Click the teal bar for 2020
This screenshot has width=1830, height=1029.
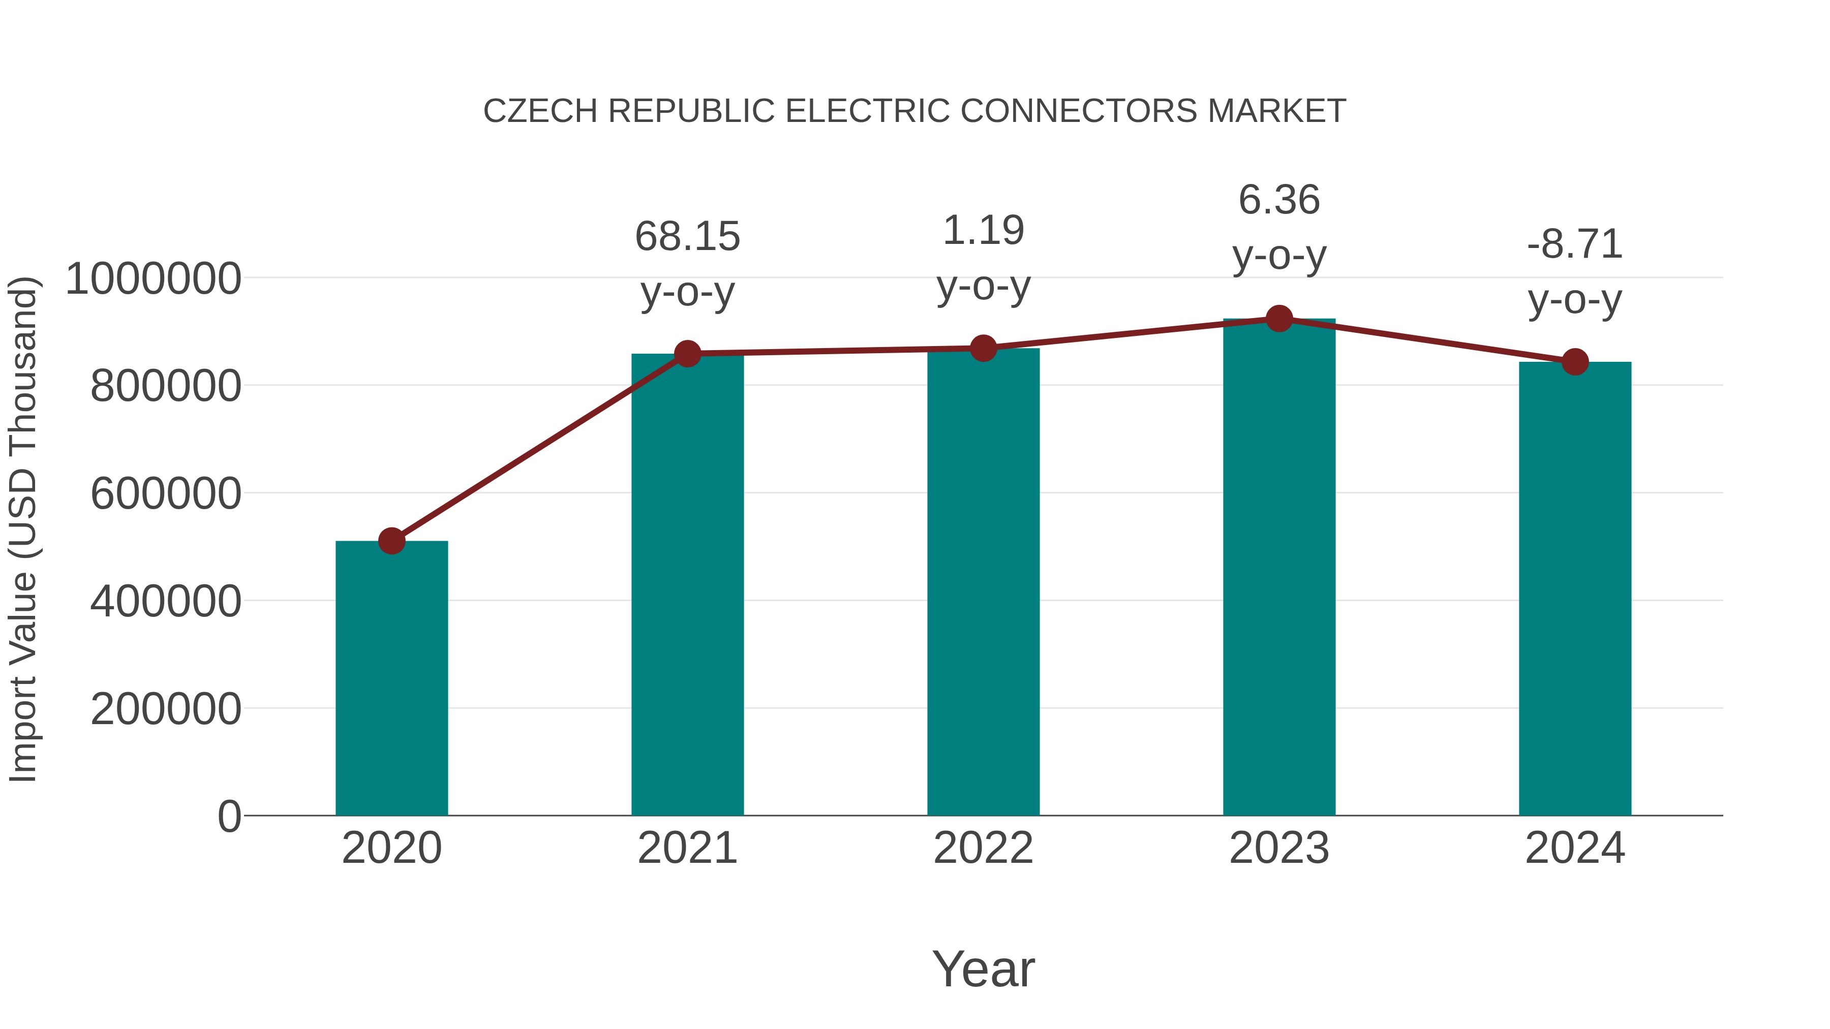tap(391, 678)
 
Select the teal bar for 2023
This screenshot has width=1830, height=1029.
tap(1279, 568)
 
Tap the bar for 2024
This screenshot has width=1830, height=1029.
tap(1575, 589)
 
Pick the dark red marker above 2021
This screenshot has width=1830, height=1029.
tap(688, 353)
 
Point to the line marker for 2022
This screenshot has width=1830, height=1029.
tap(983, 348)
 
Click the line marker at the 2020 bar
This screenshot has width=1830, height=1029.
tap(391, 541)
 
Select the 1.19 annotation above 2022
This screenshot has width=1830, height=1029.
tap(983, 231)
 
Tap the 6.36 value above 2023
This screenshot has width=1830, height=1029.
tap(1279, 200)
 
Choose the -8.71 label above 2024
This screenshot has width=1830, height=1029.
tap(1575, 244)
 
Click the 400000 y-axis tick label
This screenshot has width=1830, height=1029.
tap(166, 602)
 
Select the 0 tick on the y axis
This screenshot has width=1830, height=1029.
tap(229, 816)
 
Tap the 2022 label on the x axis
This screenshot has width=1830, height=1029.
tap(983, 848)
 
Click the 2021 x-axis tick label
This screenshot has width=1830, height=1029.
tap(688, 848)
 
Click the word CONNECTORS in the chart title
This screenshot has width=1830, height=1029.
tap(1079, 111)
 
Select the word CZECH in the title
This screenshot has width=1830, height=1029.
tap(541, 111)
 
